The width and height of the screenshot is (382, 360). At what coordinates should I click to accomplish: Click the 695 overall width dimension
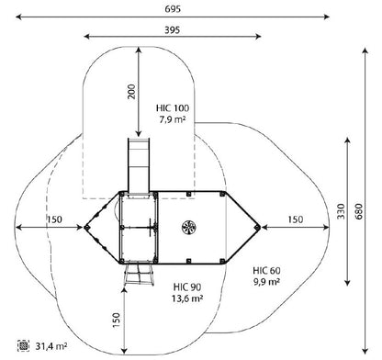pos(173,9)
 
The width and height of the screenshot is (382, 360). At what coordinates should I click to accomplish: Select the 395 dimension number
pos(173,30)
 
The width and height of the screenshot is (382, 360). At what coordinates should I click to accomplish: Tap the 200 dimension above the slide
pos(131,91)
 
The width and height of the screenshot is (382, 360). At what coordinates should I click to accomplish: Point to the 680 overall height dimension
pos(359,211)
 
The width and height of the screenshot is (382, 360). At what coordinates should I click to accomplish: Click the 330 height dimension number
pos(341,211)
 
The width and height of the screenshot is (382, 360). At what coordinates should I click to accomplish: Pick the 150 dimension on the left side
pos(54,219)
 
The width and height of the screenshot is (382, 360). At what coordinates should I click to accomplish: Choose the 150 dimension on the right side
pos(296,219)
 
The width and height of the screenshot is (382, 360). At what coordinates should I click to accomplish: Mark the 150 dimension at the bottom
pos(116,321)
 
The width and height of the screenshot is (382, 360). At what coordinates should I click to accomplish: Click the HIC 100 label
pos(173,108)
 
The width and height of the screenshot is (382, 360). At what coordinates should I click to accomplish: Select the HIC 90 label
pos(187,287)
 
